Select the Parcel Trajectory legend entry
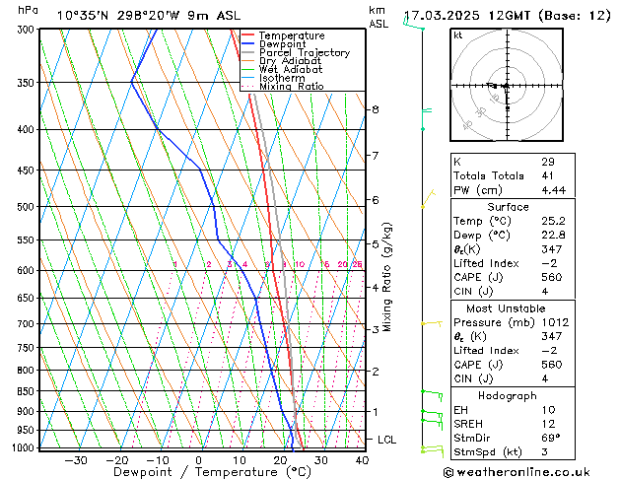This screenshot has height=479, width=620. [x=304, y=53]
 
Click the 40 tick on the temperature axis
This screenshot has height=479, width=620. [x=362, y=460]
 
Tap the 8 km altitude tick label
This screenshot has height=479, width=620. [x=376, y=109]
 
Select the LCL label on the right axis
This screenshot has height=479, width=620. [x=387, y=440]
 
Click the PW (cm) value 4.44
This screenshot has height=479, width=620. [x=554, y=190]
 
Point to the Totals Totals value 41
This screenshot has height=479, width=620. [x=548, y=175]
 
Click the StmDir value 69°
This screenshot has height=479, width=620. [x=551, y=438]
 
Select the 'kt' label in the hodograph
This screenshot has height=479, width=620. [x=458, y=35]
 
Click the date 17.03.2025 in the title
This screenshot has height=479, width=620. [x=444, y=16]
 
